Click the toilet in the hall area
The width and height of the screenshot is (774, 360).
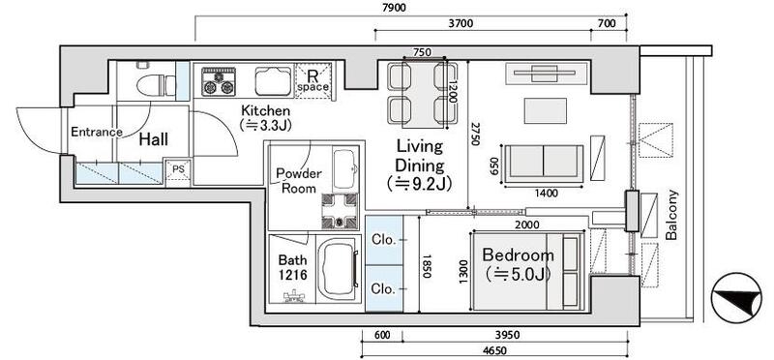click(151, 81)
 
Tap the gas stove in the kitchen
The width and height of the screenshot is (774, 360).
click(218, 81)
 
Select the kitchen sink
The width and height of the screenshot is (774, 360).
click(273, 80)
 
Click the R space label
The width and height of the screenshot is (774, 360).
click(313, 81)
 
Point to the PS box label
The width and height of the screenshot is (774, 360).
click(178, 168)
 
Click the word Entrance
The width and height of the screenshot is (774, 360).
click(96, 132)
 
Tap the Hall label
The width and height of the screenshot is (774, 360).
click(153, 139)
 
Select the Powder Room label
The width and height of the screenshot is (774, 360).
click(299, 181)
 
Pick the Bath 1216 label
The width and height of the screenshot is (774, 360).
click(292, 267)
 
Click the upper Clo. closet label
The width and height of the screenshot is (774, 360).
click(384, 241)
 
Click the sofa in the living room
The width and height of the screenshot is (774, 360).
click(543, 161)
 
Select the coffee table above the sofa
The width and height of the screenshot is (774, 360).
click(546, 110)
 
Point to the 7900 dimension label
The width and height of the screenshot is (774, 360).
click(394, 8)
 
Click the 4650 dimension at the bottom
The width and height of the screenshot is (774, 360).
click(494, 350)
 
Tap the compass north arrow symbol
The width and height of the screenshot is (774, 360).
click(736, 298)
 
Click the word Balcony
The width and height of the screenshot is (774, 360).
click(670, 215)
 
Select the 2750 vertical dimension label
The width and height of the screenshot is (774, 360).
click(474, 134)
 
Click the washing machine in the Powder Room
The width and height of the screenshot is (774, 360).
click(340, 210)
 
